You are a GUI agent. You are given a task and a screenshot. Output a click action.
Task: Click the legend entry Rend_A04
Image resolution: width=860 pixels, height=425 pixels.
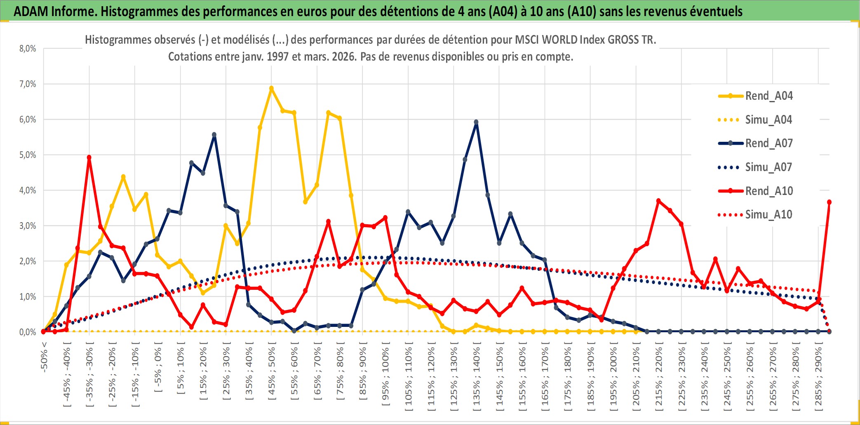(x=768, y=96)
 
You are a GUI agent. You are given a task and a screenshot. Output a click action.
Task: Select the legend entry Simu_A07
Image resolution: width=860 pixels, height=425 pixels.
(x=768, y=167)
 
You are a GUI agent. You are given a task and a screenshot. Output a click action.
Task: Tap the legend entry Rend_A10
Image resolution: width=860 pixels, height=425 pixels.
(x=768, y=191)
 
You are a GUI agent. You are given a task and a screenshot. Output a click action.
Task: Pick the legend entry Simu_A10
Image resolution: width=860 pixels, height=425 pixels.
(x=768, y=214)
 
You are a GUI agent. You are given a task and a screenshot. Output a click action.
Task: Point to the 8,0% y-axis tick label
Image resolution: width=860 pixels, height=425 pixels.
(x=28, y=49)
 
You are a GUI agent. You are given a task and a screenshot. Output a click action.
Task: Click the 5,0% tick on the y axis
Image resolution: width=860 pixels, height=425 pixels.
(x=28, y=155)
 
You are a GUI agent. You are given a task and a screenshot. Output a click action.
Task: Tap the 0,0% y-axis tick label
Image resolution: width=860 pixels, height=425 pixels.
(x=28, y=332)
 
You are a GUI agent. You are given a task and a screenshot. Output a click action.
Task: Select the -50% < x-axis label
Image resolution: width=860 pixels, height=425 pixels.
(x=44, y=357)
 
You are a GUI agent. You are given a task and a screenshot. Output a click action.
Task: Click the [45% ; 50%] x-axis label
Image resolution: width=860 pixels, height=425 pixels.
(x=272, y=373)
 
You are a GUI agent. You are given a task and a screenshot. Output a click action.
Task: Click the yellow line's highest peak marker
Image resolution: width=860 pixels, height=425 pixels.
(x=271, y=88)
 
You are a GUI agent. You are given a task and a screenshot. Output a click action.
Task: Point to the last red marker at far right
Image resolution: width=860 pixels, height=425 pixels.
(x=829, y=202)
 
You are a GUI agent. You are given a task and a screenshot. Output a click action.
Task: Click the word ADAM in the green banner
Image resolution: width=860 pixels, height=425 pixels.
(x=31, y=11)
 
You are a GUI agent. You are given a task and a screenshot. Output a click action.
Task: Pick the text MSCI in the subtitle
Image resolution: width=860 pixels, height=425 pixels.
(x=527, y=40)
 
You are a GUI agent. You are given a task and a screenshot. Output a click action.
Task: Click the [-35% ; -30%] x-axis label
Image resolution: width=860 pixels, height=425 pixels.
(x=89, y=373)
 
